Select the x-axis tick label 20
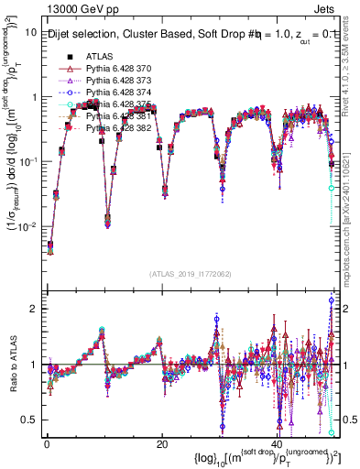click(x=161, y=443)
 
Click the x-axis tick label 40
click(x=277, y=443)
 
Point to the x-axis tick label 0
click(x=46, y=443)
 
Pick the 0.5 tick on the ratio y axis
click(x=29, y=420)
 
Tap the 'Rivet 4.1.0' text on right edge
click(x=351, y=82)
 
